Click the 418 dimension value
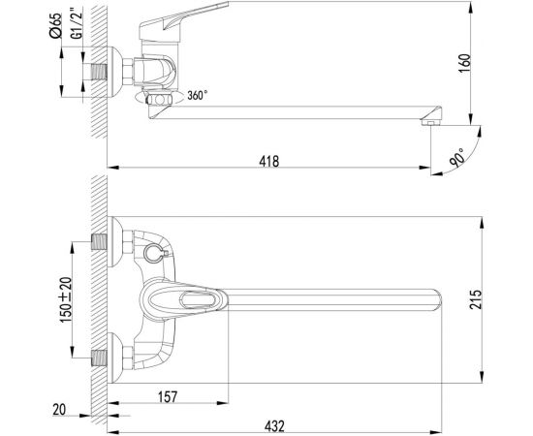tap(268, 161)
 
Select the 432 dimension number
tap(274, 425)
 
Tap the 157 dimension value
tap(168, 396)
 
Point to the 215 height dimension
tap(476, 299)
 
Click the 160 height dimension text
tap(464, 63)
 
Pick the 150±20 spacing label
tap(66, 299)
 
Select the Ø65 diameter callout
tap(55, 25)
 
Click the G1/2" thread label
tap(77, 25)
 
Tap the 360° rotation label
tap(197, 95)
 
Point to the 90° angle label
tap(456, 157)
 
